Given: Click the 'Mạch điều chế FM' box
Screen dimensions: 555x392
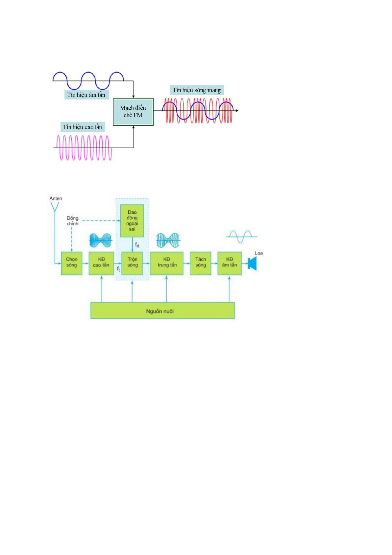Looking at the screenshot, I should [133, 112].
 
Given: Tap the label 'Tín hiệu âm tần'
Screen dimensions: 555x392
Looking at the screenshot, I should [86, 95].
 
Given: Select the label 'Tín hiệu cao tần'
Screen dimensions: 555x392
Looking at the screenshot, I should [83, 127].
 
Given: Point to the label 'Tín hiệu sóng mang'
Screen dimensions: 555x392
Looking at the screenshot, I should [197, 90].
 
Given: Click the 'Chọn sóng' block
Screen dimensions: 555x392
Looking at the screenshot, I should [72, 263].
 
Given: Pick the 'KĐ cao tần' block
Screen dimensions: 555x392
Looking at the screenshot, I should [101, 263].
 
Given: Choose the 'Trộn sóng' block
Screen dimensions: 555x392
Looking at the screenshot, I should [132, 263].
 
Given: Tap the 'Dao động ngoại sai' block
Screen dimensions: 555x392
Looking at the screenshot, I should [132, 220].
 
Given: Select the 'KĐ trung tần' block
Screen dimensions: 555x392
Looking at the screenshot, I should [167, 263].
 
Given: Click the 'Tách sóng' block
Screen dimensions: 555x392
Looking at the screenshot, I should [201, 263].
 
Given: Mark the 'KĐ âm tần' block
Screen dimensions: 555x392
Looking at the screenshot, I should [230, 263].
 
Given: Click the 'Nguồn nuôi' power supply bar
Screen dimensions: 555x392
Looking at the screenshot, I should [162, 311].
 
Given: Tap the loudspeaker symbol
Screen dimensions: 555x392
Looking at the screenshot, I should [252, 264].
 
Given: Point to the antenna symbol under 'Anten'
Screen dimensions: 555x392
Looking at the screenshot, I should [55, 207].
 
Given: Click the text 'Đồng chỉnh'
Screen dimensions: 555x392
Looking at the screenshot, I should [73, 221].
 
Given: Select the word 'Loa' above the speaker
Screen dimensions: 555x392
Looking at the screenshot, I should [259, 253].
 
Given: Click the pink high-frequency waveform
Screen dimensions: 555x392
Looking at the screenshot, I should [84, 148].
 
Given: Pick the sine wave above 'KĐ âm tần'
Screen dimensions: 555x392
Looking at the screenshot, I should [241, 236].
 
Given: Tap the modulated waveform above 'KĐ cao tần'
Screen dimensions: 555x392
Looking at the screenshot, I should [101, 240].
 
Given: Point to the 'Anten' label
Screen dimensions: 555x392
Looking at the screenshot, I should [56, 198].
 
